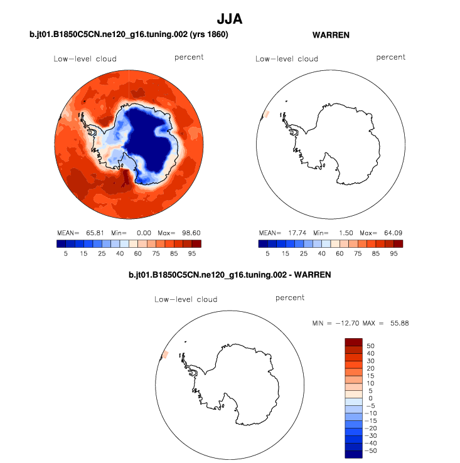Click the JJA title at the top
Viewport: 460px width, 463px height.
pos(229,19)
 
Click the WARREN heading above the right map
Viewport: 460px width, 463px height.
pos(331,35)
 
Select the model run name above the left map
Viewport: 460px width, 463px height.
pos(129,35)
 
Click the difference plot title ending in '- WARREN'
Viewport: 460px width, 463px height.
pos(229,275)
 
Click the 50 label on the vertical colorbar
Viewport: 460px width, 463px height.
pos(370,346)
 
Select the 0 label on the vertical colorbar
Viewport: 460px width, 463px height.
pos(370,398)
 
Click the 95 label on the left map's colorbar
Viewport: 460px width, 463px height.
pos(192,255)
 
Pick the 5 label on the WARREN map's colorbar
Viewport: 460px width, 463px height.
pos(267,255)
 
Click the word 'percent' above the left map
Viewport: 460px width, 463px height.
pos(188,57)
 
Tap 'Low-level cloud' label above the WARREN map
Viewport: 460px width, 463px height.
pos(287,59)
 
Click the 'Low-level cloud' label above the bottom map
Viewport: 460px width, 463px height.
pos(186,299)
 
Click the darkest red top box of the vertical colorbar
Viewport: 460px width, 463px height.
pos(354,342)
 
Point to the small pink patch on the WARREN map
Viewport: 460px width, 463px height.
pos(265,114)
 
